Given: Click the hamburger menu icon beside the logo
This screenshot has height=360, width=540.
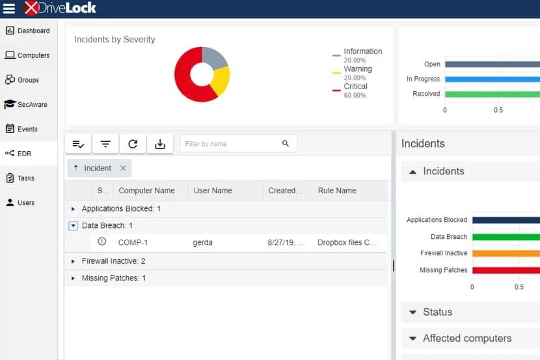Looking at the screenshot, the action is point(9,8).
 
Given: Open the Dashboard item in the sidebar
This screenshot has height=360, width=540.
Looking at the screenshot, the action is point(27,31).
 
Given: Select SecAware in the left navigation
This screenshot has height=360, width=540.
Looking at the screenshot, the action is point(26,104).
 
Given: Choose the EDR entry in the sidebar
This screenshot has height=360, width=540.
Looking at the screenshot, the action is point(19,153).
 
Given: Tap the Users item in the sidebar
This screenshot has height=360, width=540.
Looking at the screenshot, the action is point(20,202).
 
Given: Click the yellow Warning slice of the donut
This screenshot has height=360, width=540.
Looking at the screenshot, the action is point(221,81).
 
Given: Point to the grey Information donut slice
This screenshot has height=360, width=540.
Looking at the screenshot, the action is point(214,57).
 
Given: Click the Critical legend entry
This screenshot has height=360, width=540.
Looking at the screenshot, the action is point(350,90).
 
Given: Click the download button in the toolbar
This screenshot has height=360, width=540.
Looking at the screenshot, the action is point(160,144).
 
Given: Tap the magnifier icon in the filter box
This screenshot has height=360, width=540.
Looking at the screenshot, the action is point(286,143).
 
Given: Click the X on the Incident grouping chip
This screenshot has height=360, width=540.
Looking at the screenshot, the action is point(123,168).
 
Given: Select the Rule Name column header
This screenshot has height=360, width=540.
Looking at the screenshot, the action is point(337,191).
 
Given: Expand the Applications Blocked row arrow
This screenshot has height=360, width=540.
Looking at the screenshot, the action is point(73,209).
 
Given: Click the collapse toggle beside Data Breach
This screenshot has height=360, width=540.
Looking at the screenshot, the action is point(73,226).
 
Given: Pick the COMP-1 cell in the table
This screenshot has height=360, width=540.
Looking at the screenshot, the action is point(133,243).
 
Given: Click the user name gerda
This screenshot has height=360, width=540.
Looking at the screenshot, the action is point(202,243).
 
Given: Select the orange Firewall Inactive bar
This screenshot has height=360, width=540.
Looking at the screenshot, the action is point(506,253).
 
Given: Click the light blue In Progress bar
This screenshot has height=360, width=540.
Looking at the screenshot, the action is point(493,79).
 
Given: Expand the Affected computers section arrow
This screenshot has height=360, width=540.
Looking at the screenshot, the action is point(413,339).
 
